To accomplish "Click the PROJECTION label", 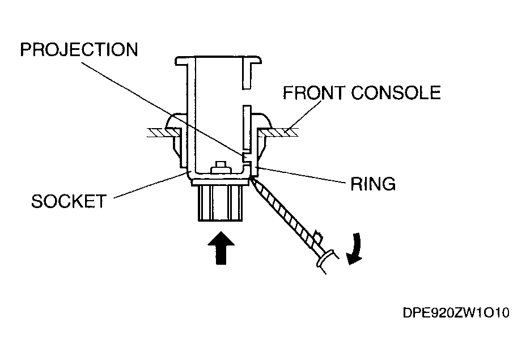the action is pyautogui.click(x=79, y=50).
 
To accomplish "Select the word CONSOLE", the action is pyautogui.click(x=396, y=92).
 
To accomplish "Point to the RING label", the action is pyautogui.click(x=373, y=184).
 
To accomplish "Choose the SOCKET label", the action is pyautogui.click(x=69, y=201).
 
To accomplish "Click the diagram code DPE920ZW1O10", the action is pyautogui.click(x=456, y=313).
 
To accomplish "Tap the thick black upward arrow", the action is pyautogui.click(x=221, y=248).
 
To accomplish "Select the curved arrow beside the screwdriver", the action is pyautogui.click(x=355, y=249).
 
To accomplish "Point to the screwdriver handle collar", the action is pyautogui.click(x=327, y=258).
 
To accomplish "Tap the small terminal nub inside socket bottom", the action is pyautogui.click(x=221, y=168).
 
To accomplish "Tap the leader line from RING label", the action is pyautogui.click(x=301, y=175).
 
